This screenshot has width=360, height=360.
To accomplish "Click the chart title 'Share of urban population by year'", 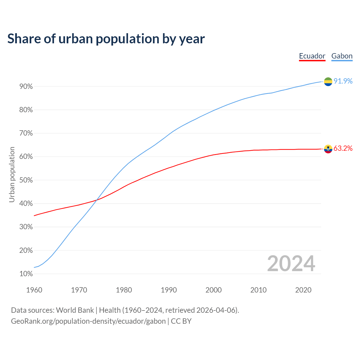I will (106, 39).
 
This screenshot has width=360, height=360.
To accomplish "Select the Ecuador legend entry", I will (312, 56).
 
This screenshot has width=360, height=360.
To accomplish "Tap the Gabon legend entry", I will (342, 56).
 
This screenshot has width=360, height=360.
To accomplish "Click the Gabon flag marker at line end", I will (328, 82).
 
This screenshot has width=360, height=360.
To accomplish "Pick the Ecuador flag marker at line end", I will (328, 149).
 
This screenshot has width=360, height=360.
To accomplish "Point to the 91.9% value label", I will (343, 81).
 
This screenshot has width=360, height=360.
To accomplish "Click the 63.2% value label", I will (343, 148).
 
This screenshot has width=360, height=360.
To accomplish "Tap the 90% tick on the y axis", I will (26, 87).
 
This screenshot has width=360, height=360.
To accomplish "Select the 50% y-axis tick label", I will (26, 180).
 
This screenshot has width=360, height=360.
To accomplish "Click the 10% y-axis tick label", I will (26, 274).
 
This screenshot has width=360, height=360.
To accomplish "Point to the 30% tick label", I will (26, 227).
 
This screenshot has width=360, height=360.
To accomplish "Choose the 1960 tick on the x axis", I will (34, 290).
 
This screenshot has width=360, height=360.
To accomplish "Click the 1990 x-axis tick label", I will (169, 290).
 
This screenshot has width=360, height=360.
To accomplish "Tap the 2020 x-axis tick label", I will (303, 290).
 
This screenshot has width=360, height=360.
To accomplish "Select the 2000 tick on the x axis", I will (213, 290).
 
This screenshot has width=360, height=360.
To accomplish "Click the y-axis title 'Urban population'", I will (12, 174).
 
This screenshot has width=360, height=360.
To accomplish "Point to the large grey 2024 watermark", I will (291, 264).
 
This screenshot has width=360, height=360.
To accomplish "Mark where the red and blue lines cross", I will (96, 200).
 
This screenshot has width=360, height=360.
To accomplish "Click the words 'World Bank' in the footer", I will (75, 310).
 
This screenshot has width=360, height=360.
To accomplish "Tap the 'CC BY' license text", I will (181, 321).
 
